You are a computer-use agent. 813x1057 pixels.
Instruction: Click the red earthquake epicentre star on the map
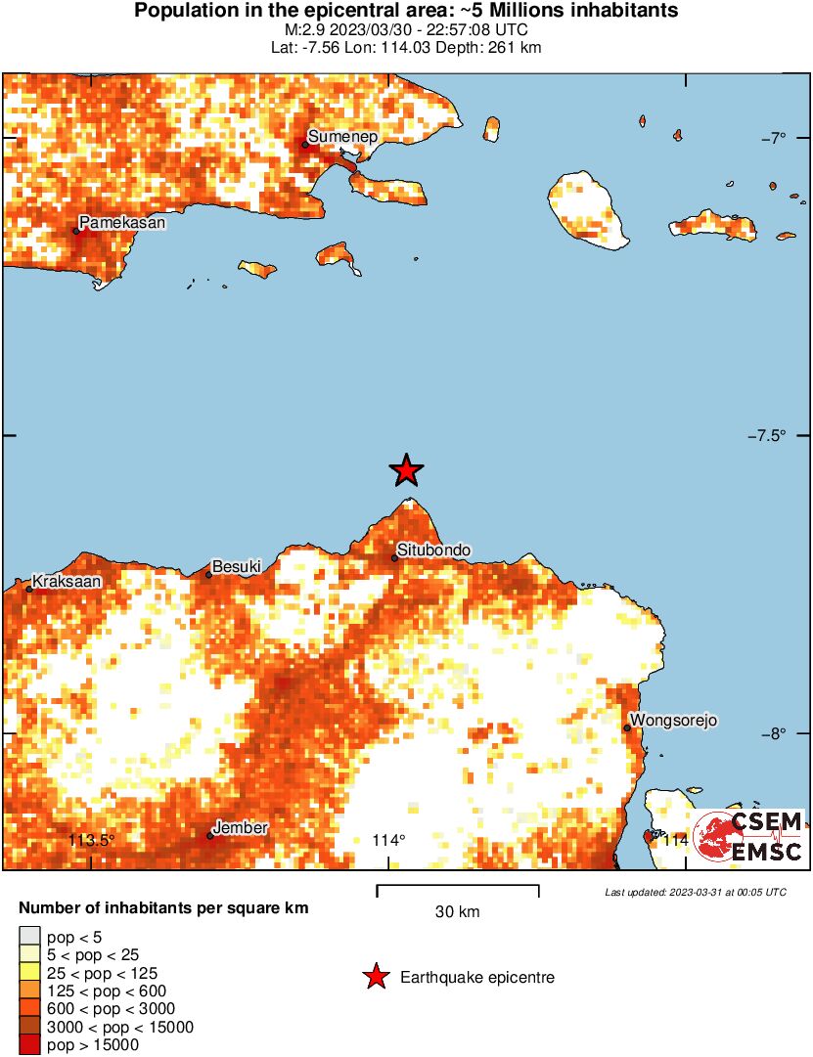pos(406,470)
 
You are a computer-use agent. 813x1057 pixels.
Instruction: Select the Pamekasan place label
pos(121,223)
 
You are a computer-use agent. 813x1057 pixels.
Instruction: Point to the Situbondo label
pos(433,551)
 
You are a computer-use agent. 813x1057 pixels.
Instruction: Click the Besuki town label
pos(236,566)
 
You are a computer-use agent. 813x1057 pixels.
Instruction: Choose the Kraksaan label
pos(67,581)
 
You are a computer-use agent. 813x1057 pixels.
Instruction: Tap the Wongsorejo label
pos(674,721)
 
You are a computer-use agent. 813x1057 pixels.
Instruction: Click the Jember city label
pos(240,828)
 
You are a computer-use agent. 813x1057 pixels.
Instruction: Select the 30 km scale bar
pos(458,891)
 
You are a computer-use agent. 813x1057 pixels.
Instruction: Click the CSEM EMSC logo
pos(749,837)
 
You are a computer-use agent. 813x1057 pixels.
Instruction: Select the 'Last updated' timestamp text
pos(695,892)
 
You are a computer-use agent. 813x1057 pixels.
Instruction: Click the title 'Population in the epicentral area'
pos(406,11)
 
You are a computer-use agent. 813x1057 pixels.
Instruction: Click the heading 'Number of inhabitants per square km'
pos(163,908)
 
